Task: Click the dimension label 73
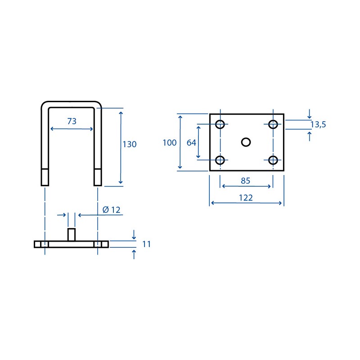[72, 121]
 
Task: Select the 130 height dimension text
[130, 144]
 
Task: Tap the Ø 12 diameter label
[111, 210]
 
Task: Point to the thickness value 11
[146, 244]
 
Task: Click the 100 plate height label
[170, 143]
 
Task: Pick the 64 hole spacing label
[191, 143]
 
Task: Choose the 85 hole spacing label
[245, 181]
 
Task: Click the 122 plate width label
[246, 198]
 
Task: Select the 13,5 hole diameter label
[318, 125]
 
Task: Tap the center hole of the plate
[246, 142]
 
